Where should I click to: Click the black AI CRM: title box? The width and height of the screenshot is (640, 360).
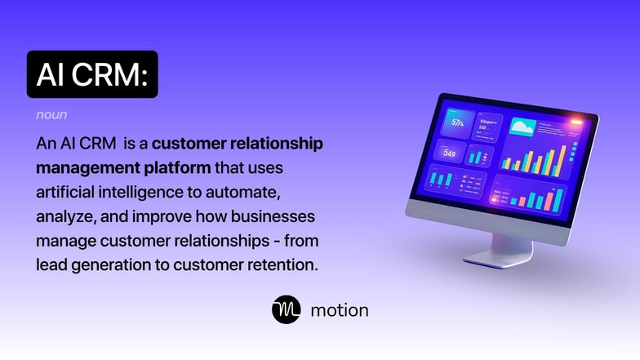(92, 74)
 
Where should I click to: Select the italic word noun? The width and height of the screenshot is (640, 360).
(51, 115)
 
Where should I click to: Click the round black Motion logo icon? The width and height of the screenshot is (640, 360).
(287, 310)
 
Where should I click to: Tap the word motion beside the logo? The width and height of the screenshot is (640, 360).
(340, 310)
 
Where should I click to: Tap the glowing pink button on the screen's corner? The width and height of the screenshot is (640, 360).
(576, 123)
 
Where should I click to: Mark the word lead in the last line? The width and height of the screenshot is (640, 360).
(51, 264)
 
